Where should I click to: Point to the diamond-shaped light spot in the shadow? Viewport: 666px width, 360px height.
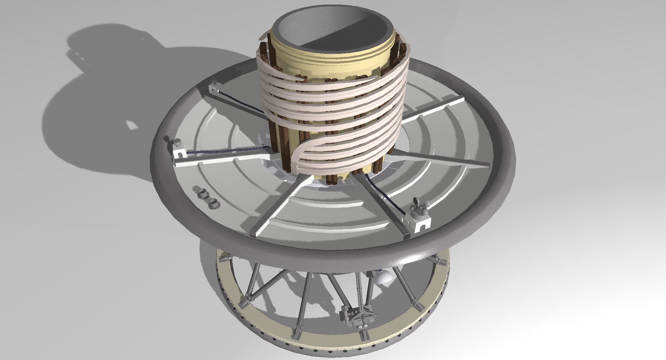pos(132,124)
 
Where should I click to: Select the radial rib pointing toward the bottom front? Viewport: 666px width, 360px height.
pos(274,208)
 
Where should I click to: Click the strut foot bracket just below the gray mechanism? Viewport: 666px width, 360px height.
pos(364,335)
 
